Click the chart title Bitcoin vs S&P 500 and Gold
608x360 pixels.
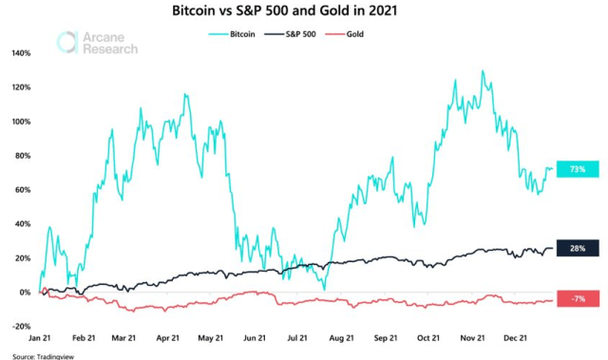tap(303, 12)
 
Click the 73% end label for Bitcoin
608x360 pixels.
tap(577, 169)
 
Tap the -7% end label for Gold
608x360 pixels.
tap(577, 299)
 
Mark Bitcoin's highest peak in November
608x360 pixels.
tap(483, 71)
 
